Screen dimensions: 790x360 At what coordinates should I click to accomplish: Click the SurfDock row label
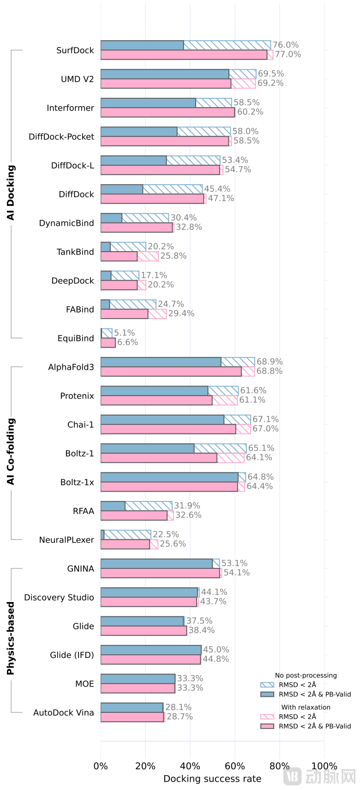click(75, 50)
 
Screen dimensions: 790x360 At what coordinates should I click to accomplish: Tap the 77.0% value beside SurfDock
click(288, 54)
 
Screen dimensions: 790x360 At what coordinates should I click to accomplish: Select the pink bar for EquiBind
click(108, 343)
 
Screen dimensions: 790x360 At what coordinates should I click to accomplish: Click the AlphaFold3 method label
click(71, 367)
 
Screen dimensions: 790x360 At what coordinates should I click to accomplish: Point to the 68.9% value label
click(270, 362)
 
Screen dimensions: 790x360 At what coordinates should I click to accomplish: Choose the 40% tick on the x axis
click(190, 766)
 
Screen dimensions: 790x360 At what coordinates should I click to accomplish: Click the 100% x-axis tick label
click(324, 766)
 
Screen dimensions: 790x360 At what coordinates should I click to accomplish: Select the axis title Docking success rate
click(212, 779)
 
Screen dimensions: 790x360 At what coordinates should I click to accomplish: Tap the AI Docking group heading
click(11, 193)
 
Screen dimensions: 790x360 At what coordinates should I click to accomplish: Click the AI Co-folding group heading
click(11, 452)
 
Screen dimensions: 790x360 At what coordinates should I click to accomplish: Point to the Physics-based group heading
click(11, 638)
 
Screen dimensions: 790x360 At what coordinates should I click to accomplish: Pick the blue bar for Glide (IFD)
click(151, 650)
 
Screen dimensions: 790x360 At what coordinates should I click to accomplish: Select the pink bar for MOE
click(138, 688)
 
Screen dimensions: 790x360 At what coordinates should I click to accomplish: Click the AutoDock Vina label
click(63, 712)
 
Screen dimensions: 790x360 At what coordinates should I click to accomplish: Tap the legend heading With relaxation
click(306, 707)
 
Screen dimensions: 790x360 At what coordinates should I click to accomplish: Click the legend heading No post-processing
click(306, 675)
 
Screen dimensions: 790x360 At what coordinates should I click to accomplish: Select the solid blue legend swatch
click(267, 694)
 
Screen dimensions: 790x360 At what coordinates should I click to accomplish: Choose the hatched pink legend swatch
click(267, 717)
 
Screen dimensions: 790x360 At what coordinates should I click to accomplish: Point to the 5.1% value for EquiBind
click(125, 333)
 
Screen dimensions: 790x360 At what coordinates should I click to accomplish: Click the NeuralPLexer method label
click(66, 540)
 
